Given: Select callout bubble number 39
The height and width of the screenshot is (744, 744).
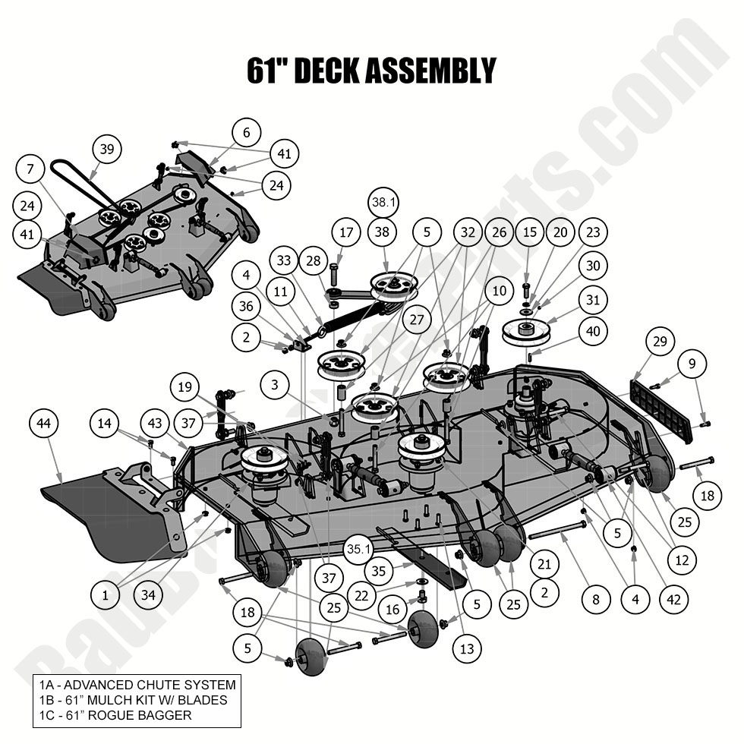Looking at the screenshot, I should [107, 150].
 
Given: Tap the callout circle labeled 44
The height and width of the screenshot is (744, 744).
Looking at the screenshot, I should [44, 423].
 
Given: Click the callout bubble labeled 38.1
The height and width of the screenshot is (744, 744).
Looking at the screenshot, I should [384, 202].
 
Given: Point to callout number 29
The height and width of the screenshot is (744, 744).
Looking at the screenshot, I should [660, 342].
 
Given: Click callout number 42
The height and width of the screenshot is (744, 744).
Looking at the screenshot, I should [673, 600].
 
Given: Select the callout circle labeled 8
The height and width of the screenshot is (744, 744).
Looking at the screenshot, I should [596, 600].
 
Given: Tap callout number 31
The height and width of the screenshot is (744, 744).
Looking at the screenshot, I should [592, 300].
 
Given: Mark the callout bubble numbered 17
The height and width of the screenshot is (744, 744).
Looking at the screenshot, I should [346, 232].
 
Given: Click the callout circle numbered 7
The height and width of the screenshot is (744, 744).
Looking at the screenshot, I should [31, 171].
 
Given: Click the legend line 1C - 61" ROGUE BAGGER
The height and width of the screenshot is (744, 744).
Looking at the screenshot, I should [115, 714].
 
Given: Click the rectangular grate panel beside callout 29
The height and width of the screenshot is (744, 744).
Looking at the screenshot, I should [660, 410].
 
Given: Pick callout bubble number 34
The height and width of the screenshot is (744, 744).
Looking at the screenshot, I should [147, 595].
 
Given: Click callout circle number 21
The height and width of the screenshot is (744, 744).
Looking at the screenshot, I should [544, 563].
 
